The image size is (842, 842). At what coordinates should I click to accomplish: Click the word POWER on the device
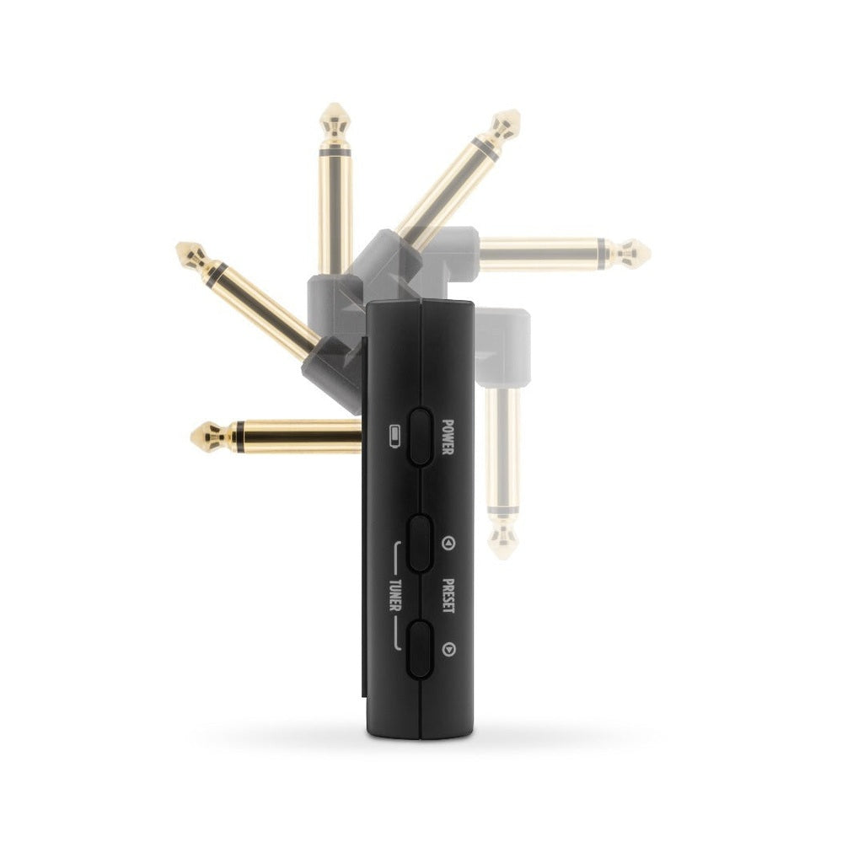(448, 437)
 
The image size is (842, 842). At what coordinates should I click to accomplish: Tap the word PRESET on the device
(448, 596)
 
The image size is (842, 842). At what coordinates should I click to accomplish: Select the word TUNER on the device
(394, 596)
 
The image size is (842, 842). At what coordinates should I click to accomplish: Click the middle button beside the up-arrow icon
(420, 544)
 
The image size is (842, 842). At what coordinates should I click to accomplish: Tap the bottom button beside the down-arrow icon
(420, 649)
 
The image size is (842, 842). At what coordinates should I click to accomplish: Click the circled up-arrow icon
(448, 544)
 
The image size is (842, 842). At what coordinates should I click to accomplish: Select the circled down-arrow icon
(448, 650)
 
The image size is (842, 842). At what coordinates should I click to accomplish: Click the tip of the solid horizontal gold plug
(192, 437)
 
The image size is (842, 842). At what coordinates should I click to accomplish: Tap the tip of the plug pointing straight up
(335, 104)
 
